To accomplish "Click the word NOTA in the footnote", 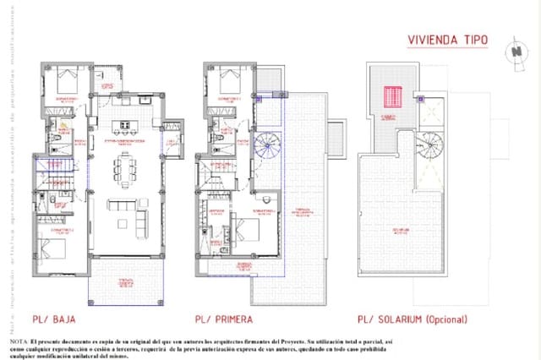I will click(x=19, y=340).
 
